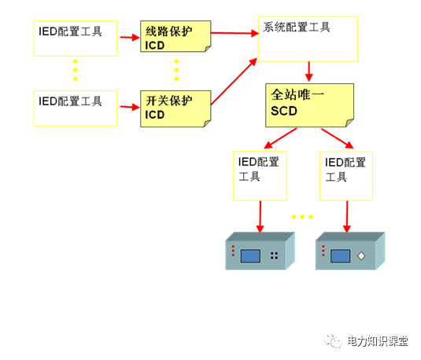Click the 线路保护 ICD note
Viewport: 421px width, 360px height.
coord(176,38)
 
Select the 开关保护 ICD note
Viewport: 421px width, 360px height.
coord(176,107)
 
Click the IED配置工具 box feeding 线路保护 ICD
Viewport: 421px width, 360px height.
coord(76,38)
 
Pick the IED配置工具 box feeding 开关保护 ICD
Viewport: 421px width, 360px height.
coord(76,108)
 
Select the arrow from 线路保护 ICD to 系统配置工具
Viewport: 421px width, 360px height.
coord(236,33)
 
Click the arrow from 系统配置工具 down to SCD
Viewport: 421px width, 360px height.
coord(309,71)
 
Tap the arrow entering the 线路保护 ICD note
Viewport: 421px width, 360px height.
coord(129,37)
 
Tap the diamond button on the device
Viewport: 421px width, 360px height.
coord(360,255)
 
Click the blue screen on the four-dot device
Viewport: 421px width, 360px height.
coord(251,255)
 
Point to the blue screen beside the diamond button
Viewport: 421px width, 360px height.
coord(340,255)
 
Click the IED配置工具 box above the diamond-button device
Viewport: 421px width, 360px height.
coord(347,175)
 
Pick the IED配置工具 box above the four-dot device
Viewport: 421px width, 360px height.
coord(260,175)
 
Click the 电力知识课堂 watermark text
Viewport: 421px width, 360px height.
coord(379,341)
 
